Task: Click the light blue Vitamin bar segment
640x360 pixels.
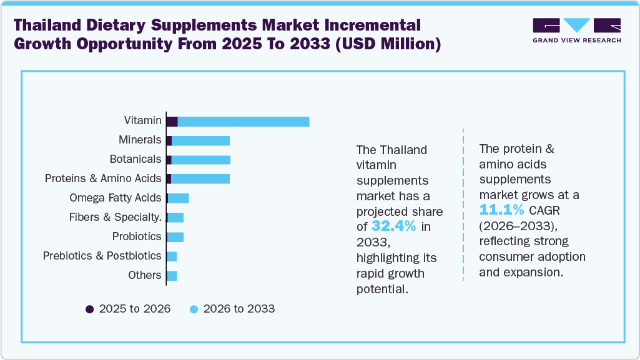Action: pos(244,121)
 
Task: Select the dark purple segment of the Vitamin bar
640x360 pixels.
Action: pos(172,121)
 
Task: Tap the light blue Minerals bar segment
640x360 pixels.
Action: pos(200,140)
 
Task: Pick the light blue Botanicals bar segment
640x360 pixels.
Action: pos(200,160)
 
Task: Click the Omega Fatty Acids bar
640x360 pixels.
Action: pos(178,198)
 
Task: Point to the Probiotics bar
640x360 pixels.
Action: pos(175,236)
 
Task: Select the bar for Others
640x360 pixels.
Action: pos(172,275)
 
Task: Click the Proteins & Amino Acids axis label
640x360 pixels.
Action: pos(102,178)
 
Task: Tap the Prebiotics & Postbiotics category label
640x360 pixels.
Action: pos(102,256)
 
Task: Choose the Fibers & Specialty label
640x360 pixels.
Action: pos(116,217)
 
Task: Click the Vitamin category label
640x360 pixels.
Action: pos(142,120)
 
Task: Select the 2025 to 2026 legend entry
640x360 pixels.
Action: pos(128,309)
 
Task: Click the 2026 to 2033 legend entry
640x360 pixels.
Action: pos(232,309)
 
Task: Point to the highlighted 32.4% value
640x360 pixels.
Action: pos(394,226)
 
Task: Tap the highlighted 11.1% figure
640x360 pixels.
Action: pos(502,209)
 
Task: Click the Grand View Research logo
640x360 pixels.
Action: pos(576,30)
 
